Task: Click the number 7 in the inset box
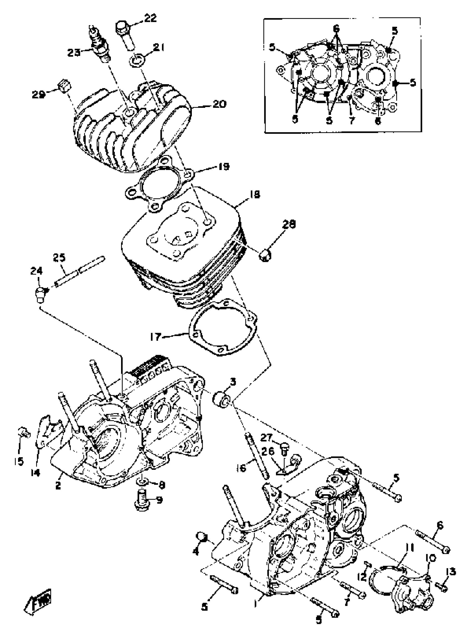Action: point(352,120)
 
